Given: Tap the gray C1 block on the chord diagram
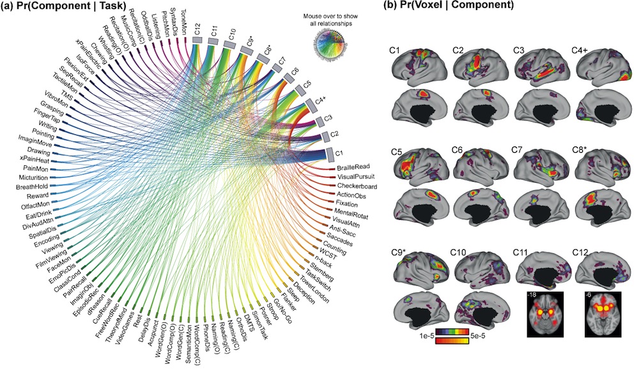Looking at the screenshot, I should pyautogui.click(x=330, y=153).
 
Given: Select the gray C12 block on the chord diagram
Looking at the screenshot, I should pyautogui.click(x=197, y=40).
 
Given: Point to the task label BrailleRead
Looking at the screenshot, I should pyautogui.click(x=356, y=168).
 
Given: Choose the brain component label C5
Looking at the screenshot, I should pyautogui.click(x=396, y=151).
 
